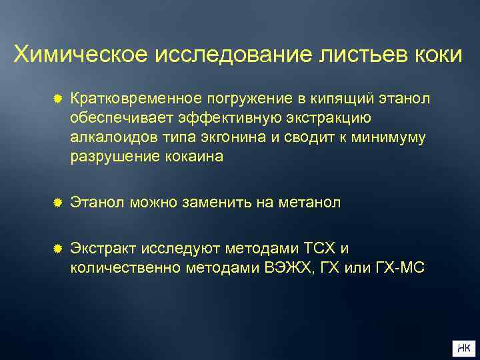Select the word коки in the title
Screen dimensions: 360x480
439,54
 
